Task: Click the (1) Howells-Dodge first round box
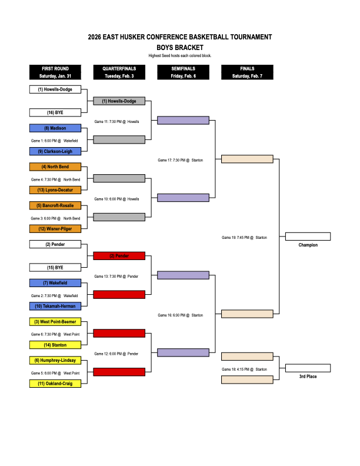(x=55, y=89)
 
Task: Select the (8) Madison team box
(x=55, y=128)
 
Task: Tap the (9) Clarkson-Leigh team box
(x=55, y=151)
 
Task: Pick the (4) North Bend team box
(x=55, y=167)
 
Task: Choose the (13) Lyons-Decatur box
(x=55, y=189)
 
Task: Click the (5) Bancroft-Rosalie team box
(x=55, y=205)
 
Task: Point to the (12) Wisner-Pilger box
(x=55, y=228)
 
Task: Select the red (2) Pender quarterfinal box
(x=119, y=256)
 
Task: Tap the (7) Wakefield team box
(x=55, y=283)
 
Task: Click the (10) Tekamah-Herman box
(x=55, y=306)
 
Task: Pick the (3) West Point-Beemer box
(x=55, y=322)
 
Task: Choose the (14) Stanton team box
(x=55, y=345)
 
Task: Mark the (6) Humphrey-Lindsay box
(x=55, y=360)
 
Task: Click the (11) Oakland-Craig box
(x=55, y=384)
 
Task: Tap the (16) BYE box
(x=55, y=112)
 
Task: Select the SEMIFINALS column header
(x=183, y=72)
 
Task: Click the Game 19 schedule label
(x=244, y=238)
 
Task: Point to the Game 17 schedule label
(x=181, y=160)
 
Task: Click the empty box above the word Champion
(x=308, y=237)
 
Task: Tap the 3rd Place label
(x=308, y=376)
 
